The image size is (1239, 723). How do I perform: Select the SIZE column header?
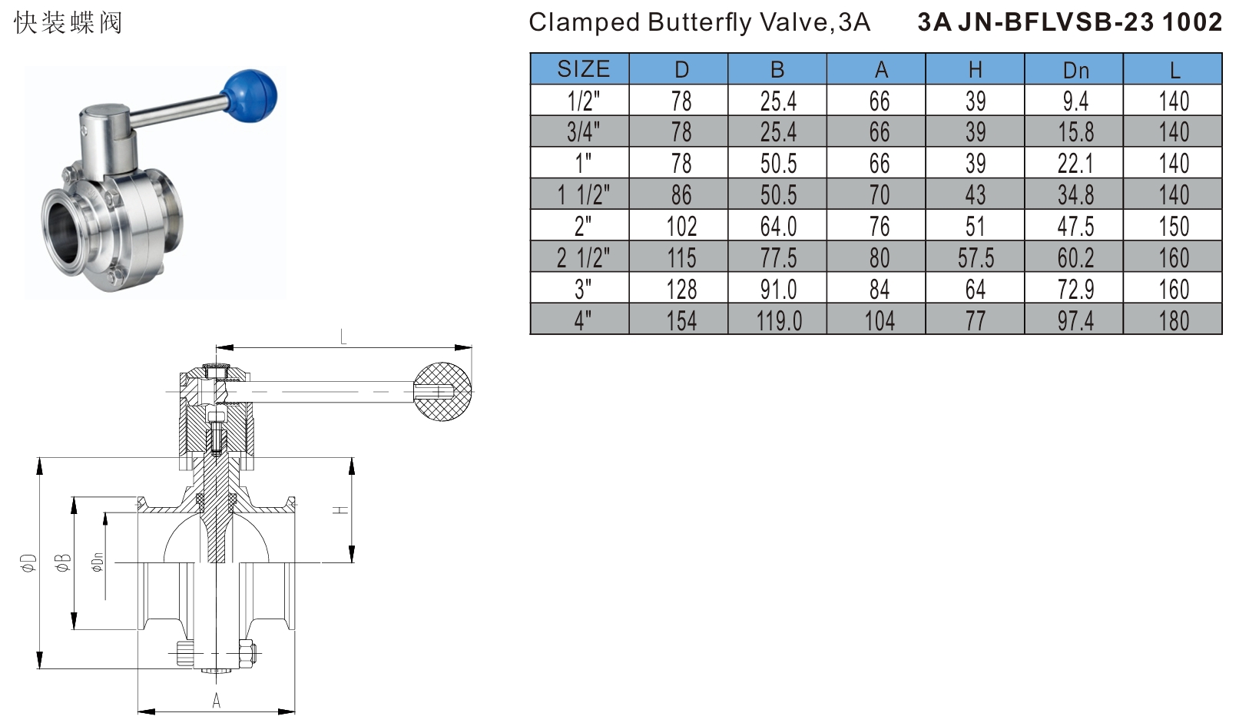point(583,69)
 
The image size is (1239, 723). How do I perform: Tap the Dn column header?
point(1075,70)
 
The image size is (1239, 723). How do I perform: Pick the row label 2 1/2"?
point(583,258)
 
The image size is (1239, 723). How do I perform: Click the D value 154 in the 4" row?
point(681,320)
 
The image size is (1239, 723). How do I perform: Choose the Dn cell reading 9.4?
point(1075,101)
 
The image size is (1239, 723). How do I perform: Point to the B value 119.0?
point(778,320)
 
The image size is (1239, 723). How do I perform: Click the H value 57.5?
point(976,258)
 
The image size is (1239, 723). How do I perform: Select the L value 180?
point(1174,320)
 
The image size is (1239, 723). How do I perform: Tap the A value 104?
point(880,320)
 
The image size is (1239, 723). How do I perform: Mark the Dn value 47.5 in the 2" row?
point(1075,227)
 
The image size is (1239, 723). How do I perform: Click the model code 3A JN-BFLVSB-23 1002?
point(1069,22)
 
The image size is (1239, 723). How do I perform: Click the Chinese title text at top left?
point(68,22)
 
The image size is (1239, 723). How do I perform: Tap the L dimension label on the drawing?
point(343,337)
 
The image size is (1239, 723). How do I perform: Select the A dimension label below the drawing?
point(217,700)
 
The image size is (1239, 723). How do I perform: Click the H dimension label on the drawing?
point(341,510)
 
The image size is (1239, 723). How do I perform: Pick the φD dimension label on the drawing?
point(28,562)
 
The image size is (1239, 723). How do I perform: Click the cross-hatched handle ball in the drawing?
point(443,392)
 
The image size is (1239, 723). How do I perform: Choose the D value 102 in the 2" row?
point(681,227)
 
